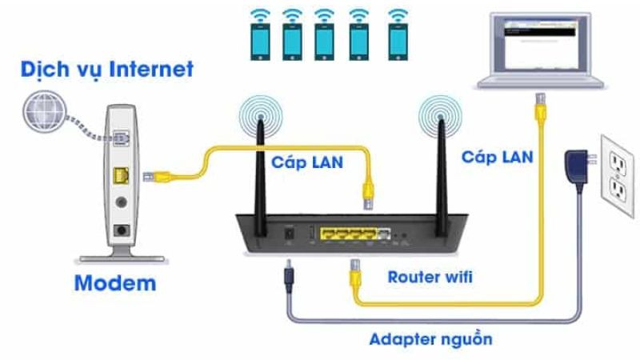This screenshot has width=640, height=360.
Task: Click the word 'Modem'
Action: tap(114, 282)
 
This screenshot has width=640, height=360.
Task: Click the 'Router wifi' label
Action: tap(430, 278)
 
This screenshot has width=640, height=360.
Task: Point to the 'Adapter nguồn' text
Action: tap(430, 338)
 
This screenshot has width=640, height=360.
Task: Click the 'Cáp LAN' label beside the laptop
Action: tap(497, 156)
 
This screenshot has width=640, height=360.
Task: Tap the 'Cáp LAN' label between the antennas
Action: tap(306, 162)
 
